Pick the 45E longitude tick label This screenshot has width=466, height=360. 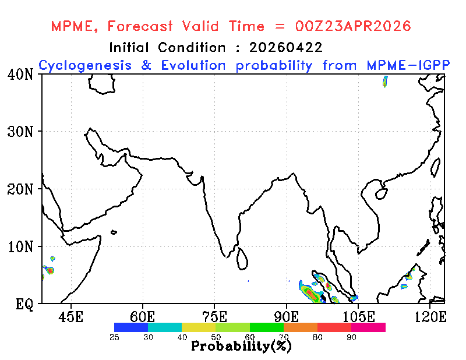coord(70,317)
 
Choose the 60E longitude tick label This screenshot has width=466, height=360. coord(142,317)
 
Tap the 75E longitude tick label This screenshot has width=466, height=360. coord(214,317)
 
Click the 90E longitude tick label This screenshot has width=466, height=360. coord(286,317)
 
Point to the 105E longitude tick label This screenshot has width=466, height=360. coord(358,317)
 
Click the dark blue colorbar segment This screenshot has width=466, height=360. coord(131,327)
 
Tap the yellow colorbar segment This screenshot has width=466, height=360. coord(199,327)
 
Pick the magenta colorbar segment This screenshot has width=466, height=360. coord(368,327)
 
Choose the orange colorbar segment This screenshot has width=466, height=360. coord(301,327)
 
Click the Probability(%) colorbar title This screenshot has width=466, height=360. coord(241,346)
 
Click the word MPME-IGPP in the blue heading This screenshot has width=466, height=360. coord(408,65)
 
